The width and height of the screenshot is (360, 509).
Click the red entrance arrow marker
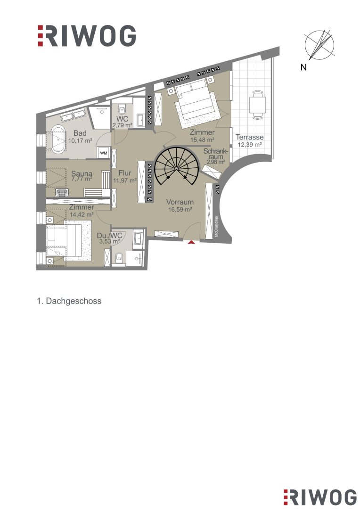tap(191, 242)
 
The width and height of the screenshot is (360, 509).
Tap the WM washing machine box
tap(104, 153)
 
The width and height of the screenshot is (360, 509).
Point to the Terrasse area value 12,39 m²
tap(250, 145)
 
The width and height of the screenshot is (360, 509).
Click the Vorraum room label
tap(180, 202)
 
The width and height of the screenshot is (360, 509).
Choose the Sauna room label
tap(82, 174)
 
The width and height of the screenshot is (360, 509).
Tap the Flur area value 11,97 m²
tap(125, 181)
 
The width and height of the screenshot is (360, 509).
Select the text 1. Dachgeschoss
tap(69, 301)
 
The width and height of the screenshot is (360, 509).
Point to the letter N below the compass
tap(303, 67)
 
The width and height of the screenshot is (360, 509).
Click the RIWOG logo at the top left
tap(86, 35)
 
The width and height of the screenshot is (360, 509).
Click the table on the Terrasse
tap(257, 104)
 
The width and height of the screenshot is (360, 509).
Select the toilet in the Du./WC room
tap(118, 258)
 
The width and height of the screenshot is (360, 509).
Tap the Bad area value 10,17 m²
tap(80, 140)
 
